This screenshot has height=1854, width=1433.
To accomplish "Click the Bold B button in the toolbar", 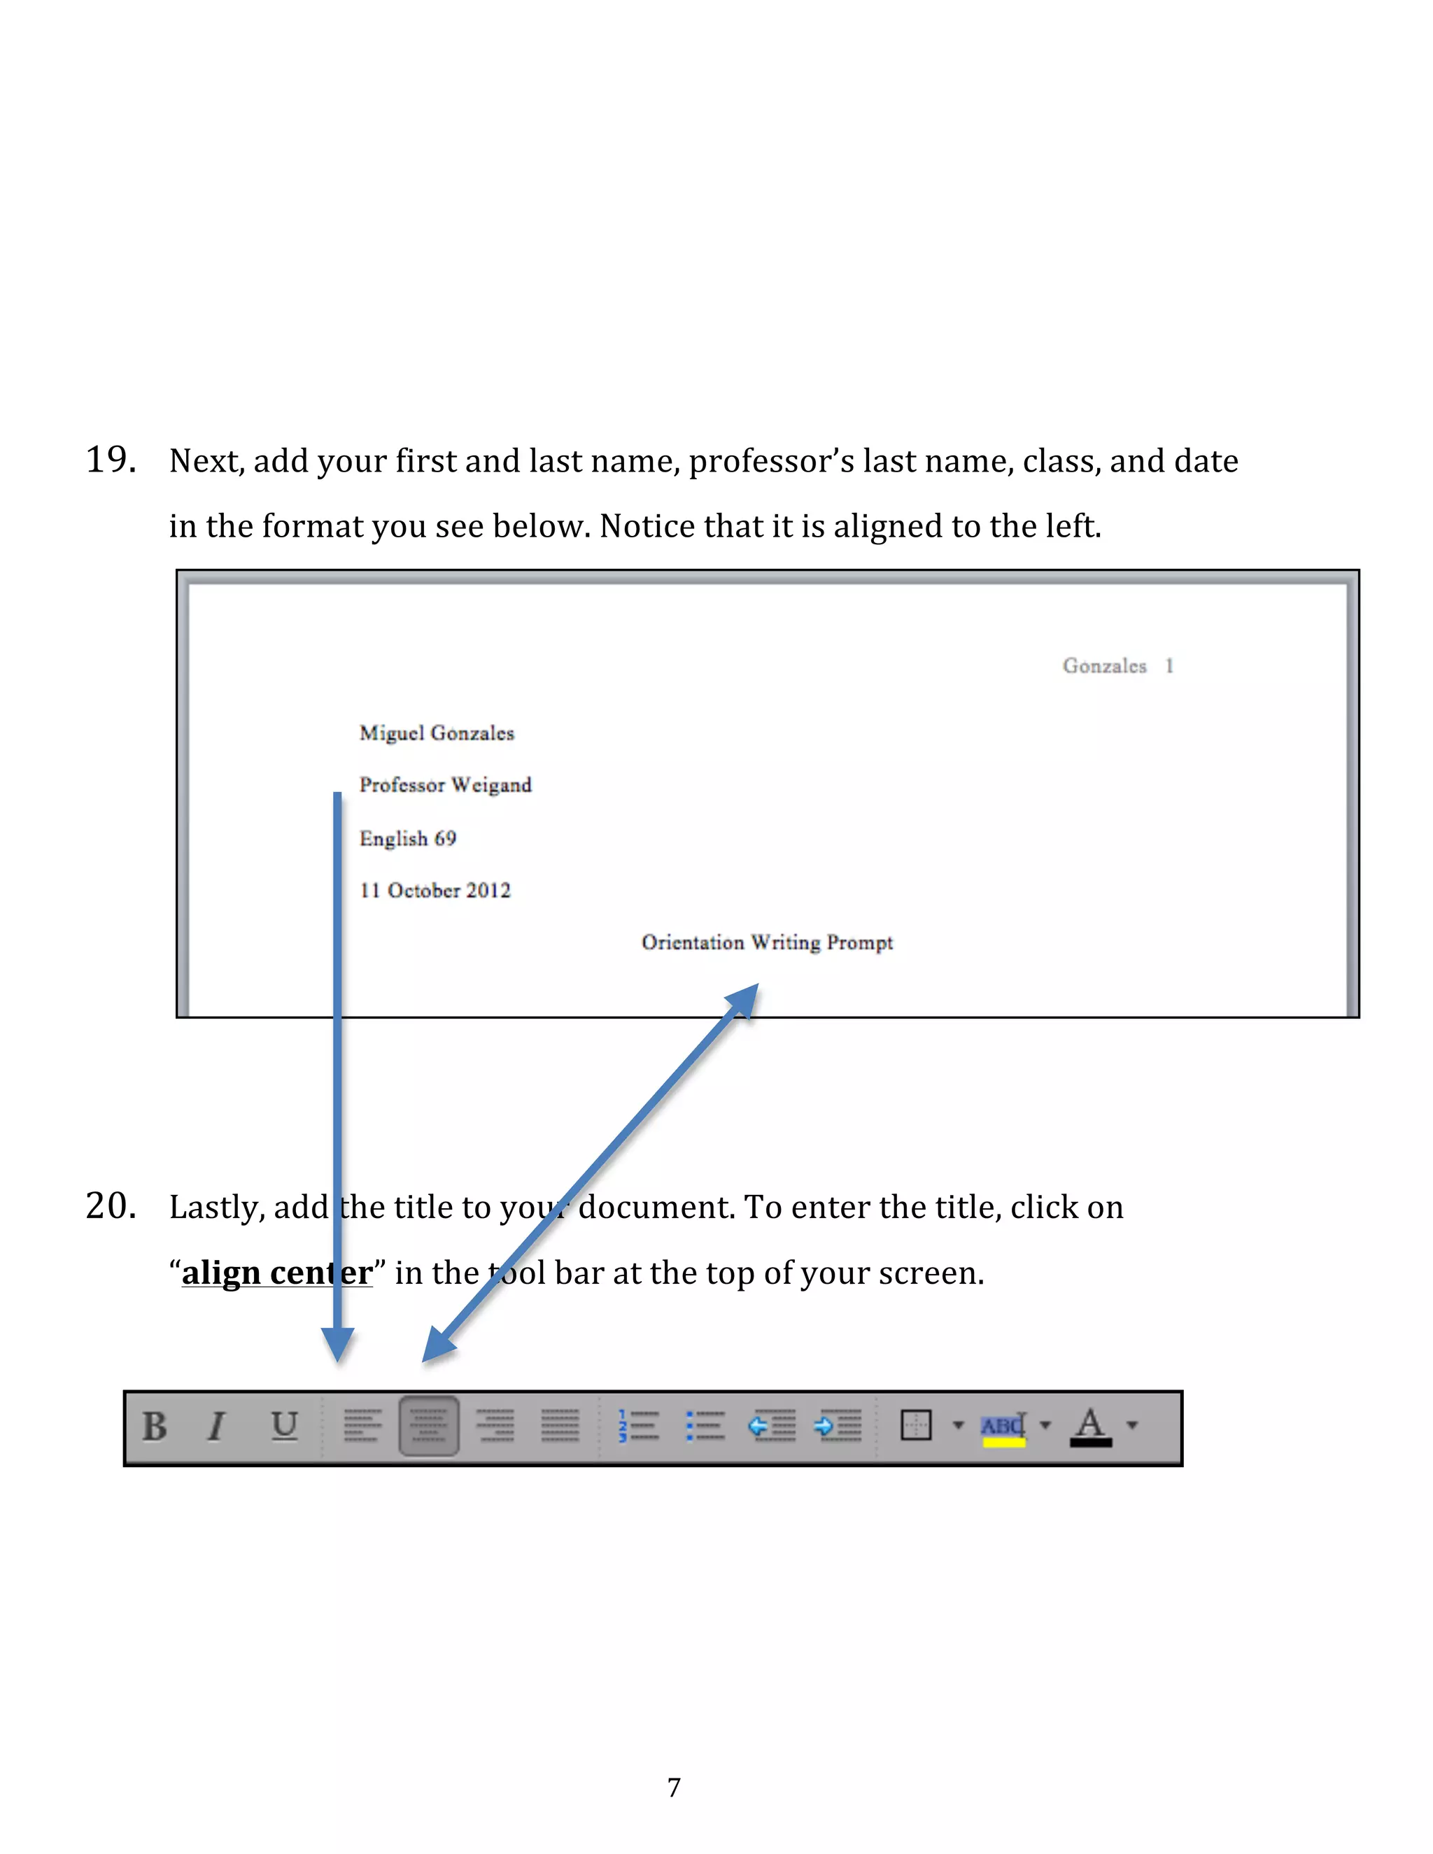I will (x=155, y=1427).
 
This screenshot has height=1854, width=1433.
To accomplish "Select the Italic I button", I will (x=218, y=1427).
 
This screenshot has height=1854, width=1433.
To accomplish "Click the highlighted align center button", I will (x=429, y=1426).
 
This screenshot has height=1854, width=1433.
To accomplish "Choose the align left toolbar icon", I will (x=362, y=1426).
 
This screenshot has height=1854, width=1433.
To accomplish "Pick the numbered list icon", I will (x=638, y=1426).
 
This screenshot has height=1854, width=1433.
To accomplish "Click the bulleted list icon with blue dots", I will (x=705, y=1426).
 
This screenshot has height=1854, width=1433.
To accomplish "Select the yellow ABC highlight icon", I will (x=1003, y=1428).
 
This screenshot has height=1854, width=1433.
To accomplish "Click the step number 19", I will (x=111, y=460).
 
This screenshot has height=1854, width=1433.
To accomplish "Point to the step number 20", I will (x=111, y=1206).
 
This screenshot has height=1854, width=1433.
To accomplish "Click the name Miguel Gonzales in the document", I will (x=437, y=733).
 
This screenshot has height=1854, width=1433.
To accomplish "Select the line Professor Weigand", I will (x=445, y=785).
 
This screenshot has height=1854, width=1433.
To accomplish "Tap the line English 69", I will (x=407, y=839).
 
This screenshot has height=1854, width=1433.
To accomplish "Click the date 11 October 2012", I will (x=435, y=891).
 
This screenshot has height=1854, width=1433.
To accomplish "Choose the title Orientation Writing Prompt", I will (x=767, y=942).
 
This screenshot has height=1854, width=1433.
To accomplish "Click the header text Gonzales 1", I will (x=1117, y=666).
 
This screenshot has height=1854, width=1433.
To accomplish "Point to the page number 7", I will (x=674, y=1788).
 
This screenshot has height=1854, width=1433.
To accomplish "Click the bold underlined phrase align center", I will (x=277, y=1273).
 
